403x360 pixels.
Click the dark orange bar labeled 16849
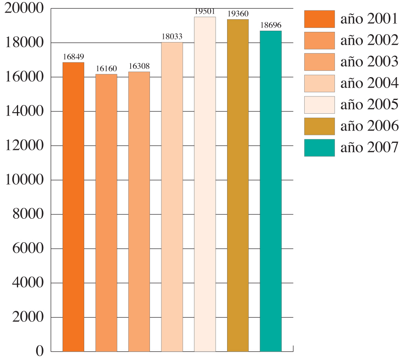[x=73, y=207]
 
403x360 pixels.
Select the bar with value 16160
[x=106, y=212]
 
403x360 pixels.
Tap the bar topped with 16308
[x=139, y=211]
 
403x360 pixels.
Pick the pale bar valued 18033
[x=172, y=197]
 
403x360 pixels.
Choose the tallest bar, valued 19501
[x=205, y=184]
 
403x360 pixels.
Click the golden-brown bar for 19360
[x=238, y=185]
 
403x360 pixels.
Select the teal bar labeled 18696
[x=271, y=191]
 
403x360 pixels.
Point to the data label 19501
[x=205, y=12]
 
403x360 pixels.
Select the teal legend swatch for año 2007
[x=319, y=148]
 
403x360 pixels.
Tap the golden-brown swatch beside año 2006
[x=319, y=126]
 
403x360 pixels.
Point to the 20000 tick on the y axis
[x=24, y=9]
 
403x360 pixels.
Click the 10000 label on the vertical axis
[x=24, y=180]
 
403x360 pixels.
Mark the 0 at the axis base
[x=40, y=351]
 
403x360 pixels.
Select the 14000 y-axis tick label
[x=24, y=112]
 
